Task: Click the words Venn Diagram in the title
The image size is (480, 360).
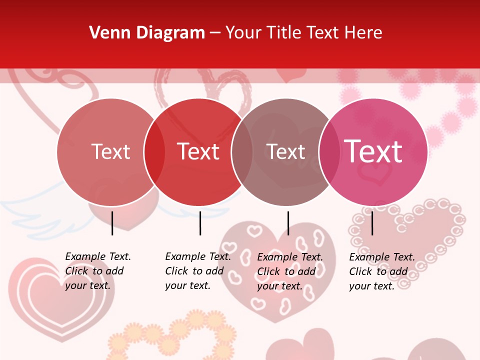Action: click(147, 33)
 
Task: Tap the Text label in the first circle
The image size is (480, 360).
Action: click(110, 151)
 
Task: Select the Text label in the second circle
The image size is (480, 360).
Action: click(198, 151)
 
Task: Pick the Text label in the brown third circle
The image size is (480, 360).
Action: click(285, 151)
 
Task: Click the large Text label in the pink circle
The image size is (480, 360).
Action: click(373, 151)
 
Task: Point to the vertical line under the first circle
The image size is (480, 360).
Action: click(112, 223)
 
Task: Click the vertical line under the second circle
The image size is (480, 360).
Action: click(200, 223)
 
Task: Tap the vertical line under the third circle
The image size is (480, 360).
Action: click(288, 223)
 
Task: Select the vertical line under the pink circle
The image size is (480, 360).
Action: click(372, 223)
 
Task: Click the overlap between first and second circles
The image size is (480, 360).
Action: click(154, 151)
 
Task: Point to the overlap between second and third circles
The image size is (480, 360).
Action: click(242, 151)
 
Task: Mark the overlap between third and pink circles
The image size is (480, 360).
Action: click(329, 151)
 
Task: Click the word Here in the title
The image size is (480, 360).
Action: click(363, 33)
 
